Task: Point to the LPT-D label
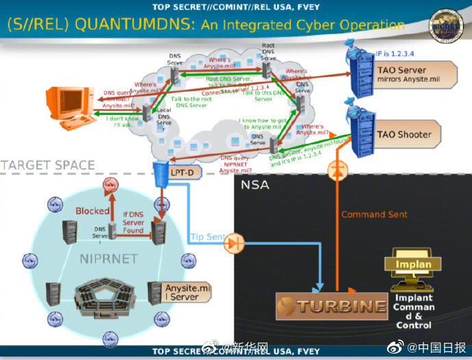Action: (x=181, y=172)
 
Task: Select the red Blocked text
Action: (x=92, y=211)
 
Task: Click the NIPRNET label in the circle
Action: (x=108, y=259)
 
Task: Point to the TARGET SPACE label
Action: (x=47, y=165)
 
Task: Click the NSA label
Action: (x=254, y=185)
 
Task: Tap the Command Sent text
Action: (x=374, y=214)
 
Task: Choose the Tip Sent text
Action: (x=206, y=237)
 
